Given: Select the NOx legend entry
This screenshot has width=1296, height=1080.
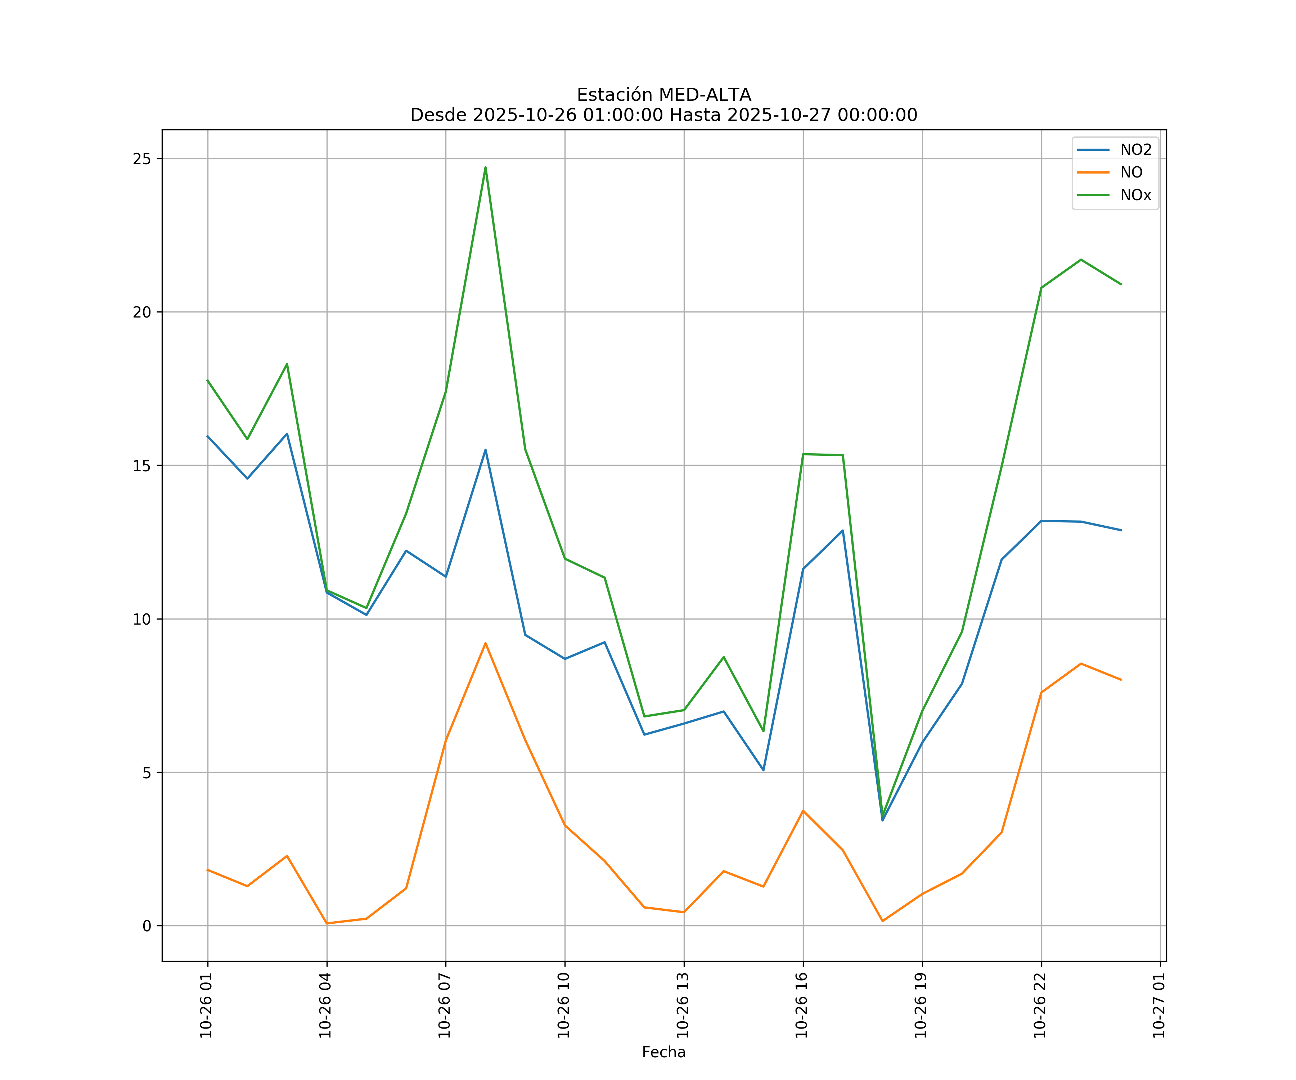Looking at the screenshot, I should pyautogui.click(x=1135, y=195).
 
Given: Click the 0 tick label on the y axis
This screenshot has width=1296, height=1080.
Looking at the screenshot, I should pyautogui.click(x=147, y=926).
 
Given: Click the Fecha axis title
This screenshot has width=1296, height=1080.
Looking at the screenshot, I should pyautogui.click(x=663, y=1052).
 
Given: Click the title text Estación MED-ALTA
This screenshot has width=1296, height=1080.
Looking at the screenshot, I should pyautogui.click(x=663, y=95).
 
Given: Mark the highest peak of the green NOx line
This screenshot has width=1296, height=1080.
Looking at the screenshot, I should pyautogui.click(x=486, y=167).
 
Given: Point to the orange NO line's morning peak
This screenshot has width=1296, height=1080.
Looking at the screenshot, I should pyautogui.click(x=486, y=643).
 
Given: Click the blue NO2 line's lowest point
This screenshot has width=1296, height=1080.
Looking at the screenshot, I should pyautogui.click(x=882, y=820).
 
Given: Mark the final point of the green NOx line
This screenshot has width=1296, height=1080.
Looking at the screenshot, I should pyautogui.click(x=1121, y=284).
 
